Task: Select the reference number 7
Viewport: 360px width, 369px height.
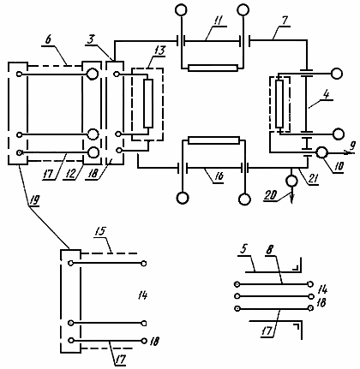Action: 285,21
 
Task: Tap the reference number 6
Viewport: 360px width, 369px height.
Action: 48,39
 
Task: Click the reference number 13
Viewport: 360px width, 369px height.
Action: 160,51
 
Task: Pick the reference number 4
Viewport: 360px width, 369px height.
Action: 327,94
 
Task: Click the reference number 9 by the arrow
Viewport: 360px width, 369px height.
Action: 353,146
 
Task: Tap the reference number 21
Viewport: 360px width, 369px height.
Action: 313,181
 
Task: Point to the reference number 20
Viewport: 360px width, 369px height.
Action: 270,195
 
